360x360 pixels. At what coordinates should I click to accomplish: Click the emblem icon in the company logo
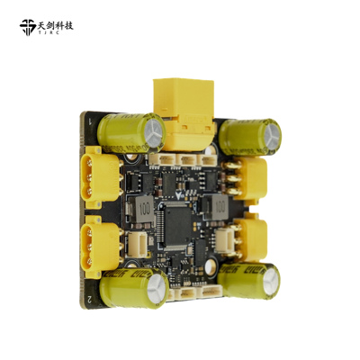(29, 27)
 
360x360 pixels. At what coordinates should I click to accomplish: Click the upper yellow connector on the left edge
(100, 176)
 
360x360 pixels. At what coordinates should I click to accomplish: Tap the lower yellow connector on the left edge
(101, 245)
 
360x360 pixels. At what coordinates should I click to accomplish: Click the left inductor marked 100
(144, 208)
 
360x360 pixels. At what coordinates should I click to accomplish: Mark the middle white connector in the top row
(187, 160)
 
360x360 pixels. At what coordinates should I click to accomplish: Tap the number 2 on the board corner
(90, 298)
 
